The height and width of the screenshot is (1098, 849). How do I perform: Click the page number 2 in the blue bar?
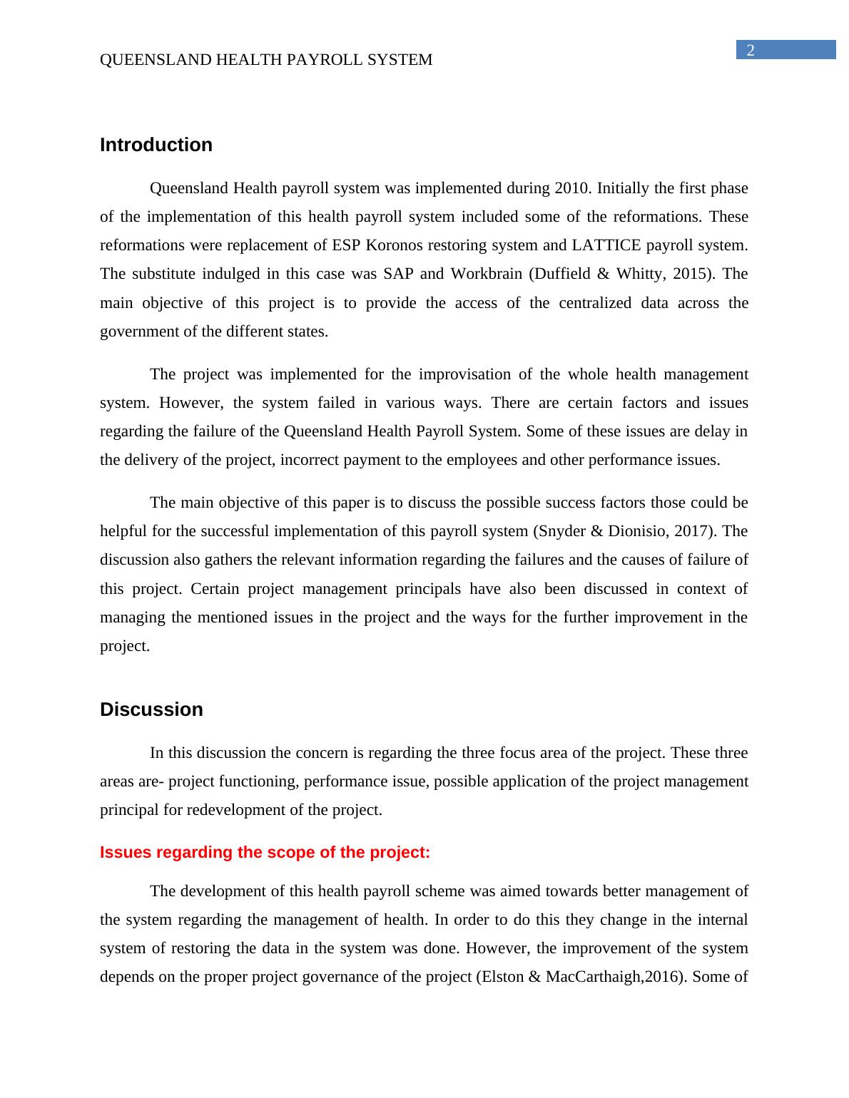tap(750, 50)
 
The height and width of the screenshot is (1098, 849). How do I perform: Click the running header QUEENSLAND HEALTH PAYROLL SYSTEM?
tap(266, 60)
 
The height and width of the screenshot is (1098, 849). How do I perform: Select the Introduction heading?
tap(156, 145)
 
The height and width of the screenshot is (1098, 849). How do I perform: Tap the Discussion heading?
tap(151, 709)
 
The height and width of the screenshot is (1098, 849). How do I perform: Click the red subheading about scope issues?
tap(265, 853)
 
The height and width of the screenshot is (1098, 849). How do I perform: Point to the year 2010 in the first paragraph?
tap(571, 188)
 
